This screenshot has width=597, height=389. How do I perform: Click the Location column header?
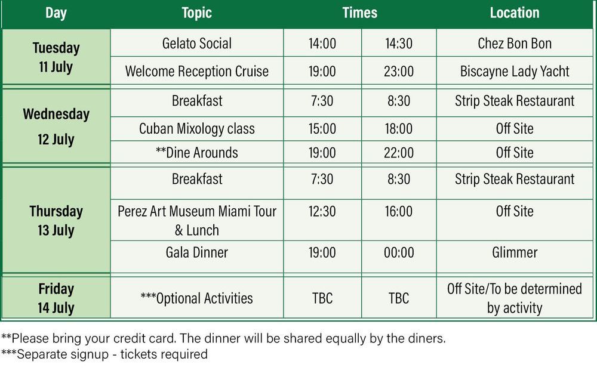click(515, 13)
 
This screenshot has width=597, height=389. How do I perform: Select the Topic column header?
click(196, 13)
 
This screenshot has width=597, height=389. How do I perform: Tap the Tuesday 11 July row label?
click(56, 57)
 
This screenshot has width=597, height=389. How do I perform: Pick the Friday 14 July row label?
click(56, 298)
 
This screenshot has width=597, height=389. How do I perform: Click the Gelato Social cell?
click(197, 44)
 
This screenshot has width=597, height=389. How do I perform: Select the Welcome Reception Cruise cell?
click(197, 71)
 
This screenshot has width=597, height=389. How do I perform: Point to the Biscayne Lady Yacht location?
click(515, 72)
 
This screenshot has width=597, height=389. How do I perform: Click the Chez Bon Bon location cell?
click(515, 44)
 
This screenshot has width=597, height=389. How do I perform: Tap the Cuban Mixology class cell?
click(197, 129)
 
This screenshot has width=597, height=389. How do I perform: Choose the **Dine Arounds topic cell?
click(197, 153)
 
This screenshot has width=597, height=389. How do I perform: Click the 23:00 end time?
click(399, 71)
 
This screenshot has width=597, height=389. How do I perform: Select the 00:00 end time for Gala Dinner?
click(399, 252)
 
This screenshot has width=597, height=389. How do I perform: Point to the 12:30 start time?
click(322, 211)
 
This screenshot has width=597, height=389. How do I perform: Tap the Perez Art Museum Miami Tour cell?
click(197, 220)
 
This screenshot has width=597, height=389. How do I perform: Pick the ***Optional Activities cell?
click(197, 298)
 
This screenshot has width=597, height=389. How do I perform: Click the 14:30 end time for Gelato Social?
click(399, 44)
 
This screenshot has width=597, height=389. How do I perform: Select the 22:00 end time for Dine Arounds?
click(399, 153)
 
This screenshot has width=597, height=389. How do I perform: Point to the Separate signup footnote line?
click(104, 354)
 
